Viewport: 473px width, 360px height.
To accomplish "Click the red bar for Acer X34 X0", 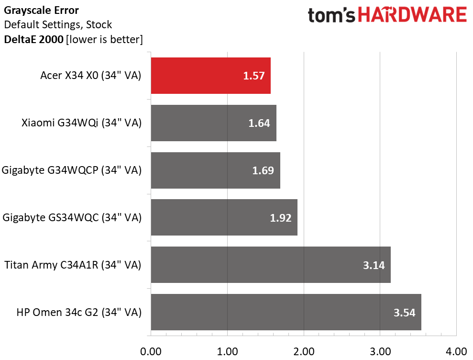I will (210, 76).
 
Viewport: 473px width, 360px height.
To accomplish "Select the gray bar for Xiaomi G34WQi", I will (213, 123).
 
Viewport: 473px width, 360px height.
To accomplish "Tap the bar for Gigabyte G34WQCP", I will (215, 170).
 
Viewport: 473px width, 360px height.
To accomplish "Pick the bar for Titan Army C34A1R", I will (271, 265).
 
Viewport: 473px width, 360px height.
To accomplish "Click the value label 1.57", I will (254, 76).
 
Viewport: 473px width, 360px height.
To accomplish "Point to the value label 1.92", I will (281, 218).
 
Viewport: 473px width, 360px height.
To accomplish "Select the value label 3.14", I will (374, 265).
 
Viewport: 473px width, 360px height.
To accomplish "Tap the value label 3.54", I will (405, 313).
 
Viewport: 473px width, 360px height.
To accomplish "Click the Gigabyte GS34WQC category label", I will (72, 218).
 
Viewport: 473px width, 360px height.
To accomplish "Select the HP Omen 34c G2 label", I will (79, 313).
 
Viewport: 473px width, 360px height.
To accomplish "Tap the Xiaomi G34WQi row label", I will (81, 123).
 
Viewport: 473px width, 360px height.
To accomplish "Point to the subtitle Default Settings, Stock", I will (58, 24).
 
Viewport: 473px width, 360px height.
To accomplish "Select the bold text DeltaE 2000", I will (33, 39).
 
